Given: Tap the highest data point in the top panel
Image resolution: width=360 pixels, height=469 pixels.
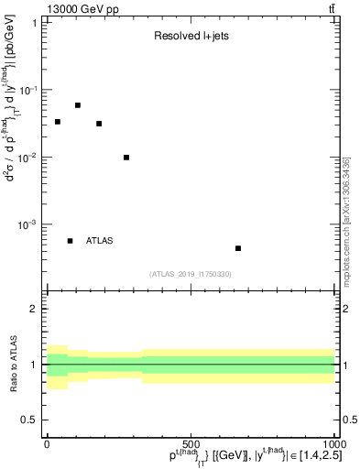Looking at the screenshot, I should [x=78, y=105].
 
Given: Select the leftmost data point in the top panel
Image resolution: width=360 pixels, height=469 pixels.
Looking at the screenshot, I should [x=57, y=122].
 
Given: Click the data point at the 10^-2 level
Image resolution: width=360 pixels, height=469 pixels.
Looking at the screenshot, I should [x=126, y=158].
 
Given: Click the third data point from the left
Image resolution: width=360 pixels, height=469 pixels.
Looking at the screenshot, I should [x=99, y=124].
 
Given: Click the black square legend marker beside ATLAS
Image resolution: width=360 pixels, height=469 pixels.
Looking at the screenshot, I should [x=70, y=241].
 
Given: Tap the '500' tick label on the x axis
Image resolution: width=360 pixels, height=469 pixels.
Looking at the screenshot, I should [x=191, y=442].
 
